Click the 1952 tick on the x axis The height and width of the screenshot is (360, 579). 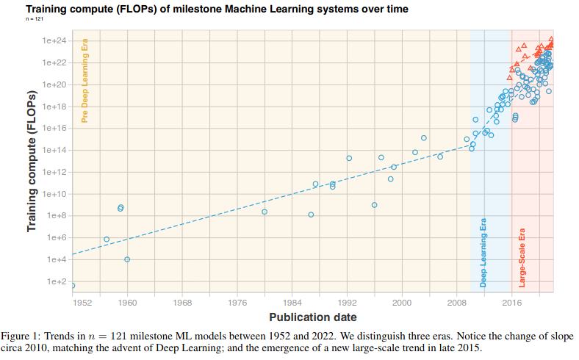(82, 303)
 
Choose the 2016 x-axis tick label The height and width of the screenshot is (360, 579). (512, 303)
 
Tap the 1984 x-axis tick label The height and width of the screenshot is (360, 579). (292, 303)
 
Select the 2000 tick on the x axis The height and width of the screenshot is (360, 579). (402, 303)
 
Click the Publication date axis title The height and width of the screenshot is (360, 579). (313, 317)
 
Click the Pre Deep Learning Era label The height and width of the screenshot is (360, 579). (85, 80)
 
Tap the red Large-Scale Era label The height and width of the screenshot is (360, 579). (523, 259)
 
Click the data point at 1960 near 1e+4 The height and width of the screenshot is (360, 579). (127, 259)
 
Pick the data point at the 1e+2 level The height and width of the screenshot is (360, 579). (72, 285)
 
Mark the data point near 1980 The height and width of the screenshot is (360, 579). (265, 212)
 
